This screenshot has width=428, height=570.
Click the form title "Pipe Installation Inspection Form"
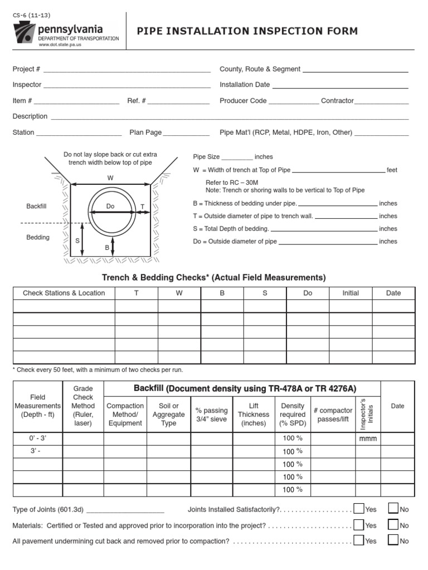(247, 31)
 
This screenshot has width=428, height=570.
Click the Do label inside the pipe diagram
(110, 207)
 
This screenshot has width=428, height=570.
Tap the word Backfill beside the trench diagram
(36, 207)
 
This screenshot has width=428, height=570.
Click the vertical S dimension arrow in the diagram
(82, 240)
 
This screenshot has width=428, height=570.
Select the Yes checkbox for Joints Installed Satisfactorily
(359, 508)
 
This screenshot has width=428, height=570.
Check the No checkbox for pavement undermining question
(393, 540)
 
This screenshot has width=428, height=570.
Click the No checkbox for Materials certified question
(393, 524)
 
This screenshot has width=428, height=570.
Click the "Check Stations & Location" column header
(64, 293)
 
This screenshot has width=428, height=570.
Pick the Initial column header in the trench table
(351, 293)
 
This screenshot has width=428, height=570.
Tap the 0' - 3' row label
(37, 439)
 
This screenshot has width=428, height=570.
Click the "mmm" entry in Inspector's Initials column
(368, 439)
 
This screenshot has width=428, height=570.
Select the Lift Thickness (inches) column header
(254, 415)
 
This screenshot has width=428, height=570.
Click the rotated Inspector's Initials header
(367, 414)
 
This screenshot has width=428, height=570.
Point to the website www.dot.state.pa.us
(60, 45)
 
